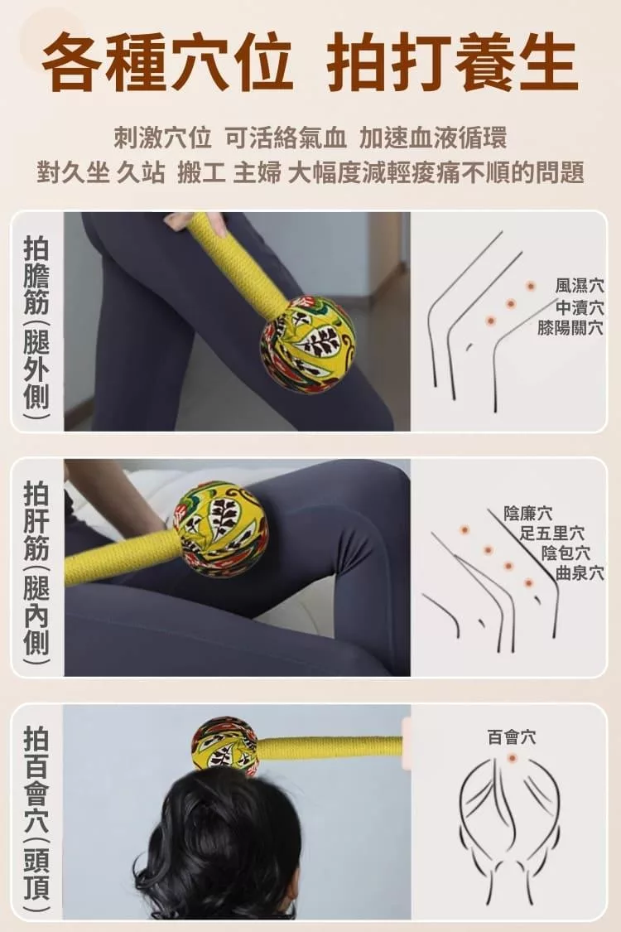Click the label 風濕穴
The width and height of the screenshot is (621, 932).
[580, 286]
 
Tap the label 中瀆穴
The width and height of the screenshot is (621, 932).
[580, 307]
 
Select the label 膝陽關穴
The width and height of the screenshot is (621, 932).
[570, 327]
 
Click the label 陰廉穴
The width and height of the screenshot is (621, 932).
[527, 513]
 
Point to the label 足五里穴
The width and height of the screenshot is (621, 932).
[552, 533]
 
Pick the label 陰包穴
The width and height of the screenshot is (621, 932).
[566, 553]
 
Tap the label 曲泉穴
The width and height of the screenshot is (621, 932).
[580, 573]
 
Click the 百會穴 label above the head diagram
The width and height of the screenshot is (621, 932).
[512, 737]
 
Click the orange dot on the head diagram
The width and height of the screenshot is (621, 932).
[512, 758]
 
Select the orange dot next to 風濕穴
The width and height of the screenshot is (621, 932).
[530, 287]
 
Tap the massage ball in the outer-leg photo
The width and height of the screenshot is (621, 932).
[307, 345]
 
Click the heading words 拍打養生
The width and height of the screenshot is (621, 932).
[452, 64]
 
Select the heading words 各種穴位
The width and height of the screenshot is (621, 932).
[167, 64]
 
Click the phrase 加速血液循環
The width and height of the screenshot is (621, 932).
[432, 138]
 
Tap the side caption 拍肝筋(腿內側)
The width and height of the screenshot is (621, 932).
[36, 567]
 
